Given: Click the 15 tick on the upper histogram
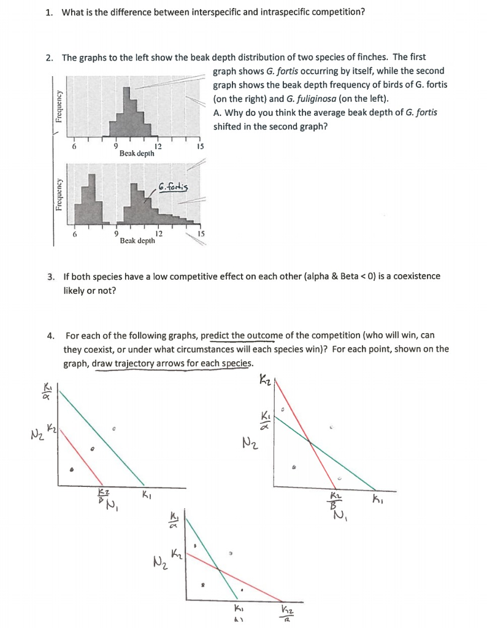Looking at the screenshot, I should pyautogui.click(x=198, y=147).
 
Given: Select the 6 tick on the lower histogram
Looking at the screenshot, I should pyautogui.click(x=75, y=234).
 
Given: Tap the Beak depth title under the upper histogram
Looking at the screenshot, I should pyautogui.click(x=137, y=153).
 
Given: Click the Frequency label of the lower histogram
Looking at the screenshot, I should pyautogui.click(x=59, y=194).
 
